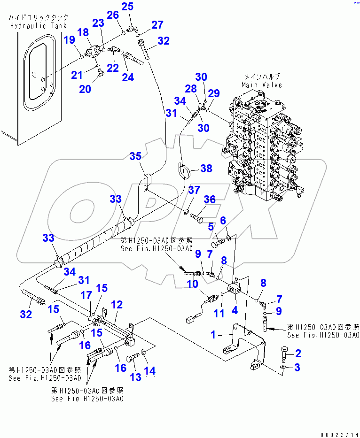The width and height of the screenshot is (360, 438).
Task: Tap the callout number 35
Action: coord(136,156)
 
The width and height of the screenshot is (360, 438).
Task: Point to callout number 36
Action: coord(209,200)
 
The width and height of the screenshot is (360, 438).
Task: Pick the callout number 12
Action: coord(117,305)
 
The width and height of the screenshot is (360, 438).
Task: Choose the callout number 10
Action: coord(192,284)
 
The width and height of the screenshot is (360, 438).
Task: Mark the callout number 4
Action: coord(234,310)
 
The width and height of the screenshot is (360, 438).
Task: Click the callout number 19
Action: coord(70,40)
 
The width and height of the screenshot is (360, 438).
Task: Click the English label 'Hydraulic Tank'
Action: coord(38,26)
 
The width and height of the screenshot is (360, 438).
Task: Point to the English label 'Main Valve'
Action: coord(262,85)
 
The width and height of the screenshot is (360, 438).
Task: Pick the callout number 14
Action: coord(149,371)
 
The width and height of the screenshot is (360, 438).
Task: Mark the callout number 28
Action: coord(190,89)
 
